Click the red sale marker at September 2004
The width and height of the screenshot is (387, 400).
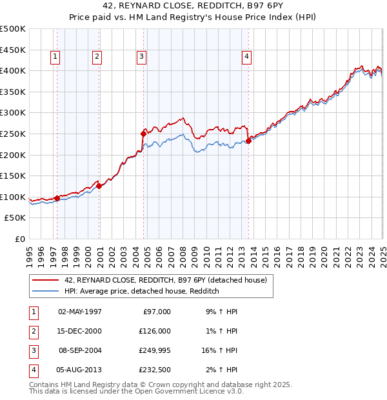pos(143,133)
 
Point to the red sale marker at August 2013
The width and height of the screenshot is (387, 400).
pos(248,141)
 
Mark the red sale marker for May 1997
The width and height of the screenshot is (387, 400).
pos(57,198)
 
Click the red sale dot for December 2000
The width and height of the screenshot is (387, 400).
pos(99,186)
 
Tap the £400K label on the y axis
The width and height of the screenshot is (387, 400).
pos(13,70)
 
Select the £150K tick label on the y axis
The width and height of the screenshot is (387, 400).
pos(13,175)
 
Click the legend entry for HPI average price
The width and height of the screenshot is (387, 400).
pos(142,292)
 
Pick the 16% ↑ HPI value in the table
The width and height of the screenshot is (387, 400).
pos(219,350)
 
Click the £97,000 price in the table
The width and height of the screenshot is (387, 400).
pos(156,312)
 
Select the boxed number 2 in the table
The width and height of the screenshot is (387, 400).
pos(33,331)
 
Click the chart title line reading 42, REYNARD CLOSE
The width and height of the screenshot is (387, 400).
pos(193,6)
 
